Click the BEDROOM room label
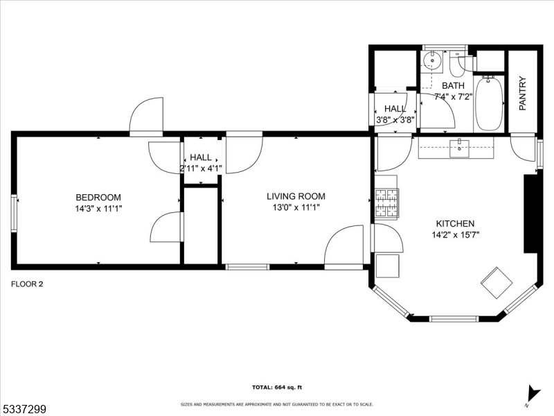pyautogui.click(x=98, y=197)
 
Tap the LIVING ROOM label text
pyautogui.click(x=296, y=196)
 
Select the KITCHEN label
pyautogui.click(x=455, y=224)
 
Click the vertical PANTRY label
pyautogui.click(x=522, y=94)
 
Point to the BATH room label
pyautogui.click(x=452, y=85)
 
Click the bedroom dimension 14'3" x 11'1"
pyautogui.click(x=98, y=208)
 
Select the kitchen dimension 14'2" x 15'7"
pyautogui.click(x=455, y=235)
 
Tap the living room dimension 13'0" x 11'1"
pyautogui.click(x=296, y=207)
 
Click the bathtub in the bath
pyautogui.click(x=490, y=103)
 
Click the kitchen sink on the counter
pyautogui.click(x=459, y=147)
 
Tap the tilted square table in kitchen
pyautogui.click(x=497, y=282)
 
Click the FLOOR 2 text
pyautogui.click(x=27, y=284)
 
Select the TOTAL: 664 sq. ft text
pyautogui.click(x=276, y=388)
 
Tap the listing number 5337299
pyautogui.click(x=24, y=410)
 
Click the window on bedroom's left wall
pyautogui.click(x=14, y=213)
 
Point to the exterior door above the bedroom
pyautogui.click(x=146, y=116)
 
